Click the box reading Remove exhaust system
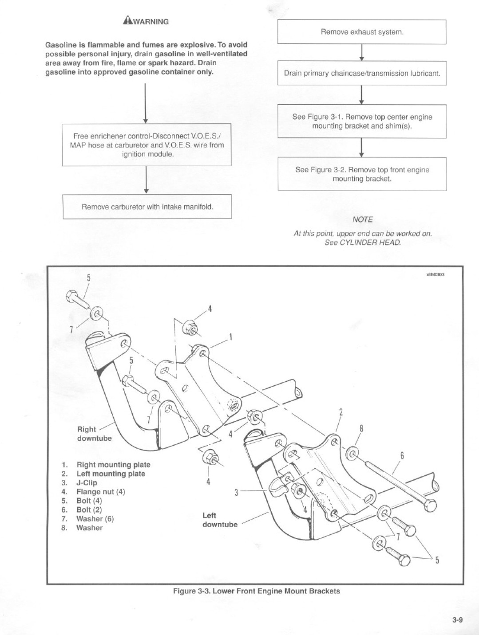(x=362, y=32)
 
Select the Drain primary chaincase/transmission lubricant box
(x=362, y=73)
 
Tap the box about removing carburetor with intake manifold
(x=147, y=207)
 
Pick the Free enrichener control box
(x=147, y=145)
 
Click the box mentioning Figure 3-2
(x=362, y=174)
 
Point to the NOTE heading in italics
(x=363, y=220)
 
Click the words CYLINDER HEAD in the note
(x=370, y=243)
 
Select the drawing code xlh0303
(x=435, y=274)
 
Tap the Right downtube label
(x=95, y=434)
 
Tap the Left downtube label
(x=220, y=520)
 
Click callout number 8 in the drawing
(x=361, y=428)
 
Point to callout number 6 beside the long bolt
(x=402, y=456)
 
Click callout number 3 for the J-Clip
(x=236, y=492)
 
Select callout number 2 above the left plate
(x=341, y=412)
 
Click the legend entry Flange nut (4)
(x=101, y=491)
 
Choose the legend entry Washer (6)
(x=95, y=519)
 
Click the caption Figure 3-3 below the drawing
(x=256, y=591)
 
